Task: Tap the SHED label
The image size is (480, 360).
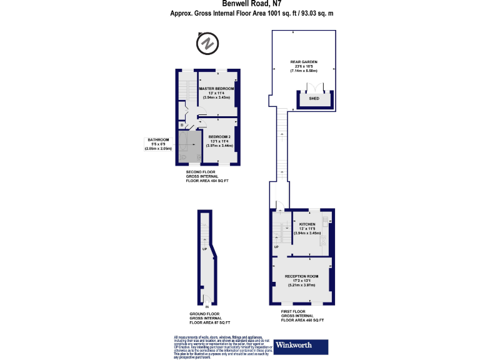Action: (314, 99)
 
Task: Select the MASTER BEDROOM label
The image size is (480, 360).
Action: (216, 89)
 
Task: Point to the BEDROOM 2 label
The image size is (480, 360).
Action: (219, 136)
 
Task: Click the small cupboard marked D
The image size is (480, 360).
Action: (182, 125)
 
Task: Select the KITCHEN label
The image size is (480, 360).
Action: (307, 224)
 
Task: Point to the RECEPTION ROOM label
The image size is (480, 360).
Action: (302, 276)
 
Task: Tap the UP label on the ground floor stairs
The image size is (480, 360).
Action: (204, 249)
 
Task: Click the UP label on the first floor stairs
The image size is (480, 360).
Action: (276, 247)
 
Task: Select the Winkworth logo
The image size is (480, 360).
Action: (301, 345)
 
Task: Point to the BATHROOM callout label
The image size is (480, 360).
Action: (157, 139)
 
